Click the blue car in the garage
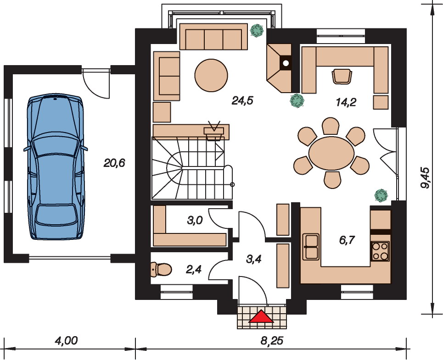[x=56, y=166]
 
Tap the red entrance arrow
[x=261, y=316]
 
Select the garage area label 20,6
[x=114, y=163]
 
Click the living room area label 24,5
[x=242, y=100]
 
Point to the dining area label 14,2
[x=346, y=102]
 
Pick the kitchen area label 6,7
[x=347, y=240]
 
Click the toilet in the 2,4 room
[x=161, y=269]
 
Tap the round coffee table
[x=211, y=75]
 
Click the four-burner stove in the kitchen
[x=380, y=251]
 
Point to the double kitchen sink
[x=311, y=247]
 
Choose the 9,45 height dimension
[x=425, y=178]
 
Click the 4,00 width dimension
[x=66, y=341]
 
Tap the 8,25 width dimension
[x=272, y=341]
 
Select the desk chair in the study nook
[x=342, y=76]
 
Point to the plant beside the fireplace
[x=297, y=100]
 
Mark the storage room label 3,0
[x=195, y=220]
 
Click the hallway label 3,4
[x=253, y=259]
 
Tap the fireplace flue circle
[x=286, y=63]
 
